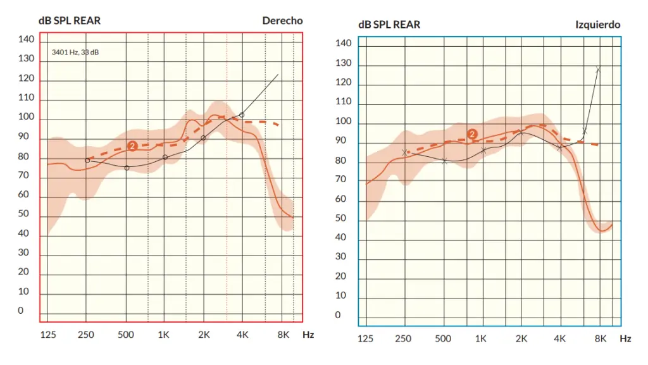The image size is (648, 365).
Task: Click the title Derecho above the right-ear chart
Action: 282,21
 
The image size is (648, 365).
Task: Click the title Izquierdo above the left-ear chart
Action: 597,25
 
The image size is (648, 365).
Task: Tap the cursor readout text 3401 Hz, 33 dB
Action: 75,53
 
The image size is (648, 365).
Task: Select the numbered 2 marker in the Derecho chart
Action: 132,146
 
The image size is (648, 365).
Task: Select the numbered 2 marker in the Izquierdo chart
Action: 472,134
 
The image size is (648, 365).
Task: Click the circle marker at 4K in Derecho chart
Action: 242,115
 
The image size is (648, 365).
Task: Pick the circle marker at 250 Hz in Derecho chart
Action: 87,160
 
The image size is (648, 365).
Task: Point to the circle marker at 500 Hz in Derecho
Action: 127,168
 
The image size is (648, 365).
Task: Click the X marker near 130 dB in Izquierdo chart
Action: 598,70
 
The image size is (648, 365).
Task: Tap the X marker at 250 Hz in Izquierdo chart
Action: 404,152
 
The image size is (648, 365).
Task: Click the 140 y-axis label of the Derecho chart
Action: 26,40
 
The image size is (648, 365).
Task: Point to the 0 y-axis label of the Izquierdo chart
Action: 337,315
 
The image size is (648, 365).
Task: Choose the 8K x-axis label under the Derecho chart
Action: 283,334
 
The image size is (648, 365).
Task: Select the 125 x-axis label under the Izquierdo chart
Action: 365,338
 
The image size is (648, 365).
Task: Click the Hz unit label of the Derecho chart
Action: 308,334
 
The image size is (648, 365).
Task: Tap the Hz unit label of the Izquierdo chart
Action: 625,338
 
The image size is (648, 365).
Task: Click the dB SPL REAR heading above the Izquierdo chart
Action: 389,25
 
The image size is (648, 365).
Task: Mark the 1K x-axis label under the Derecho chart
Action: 164,334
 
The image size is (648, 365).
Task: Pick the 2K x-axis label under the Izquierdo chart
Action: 521,338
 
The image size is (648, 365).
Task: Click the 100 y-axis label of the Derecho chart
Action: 26,117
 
